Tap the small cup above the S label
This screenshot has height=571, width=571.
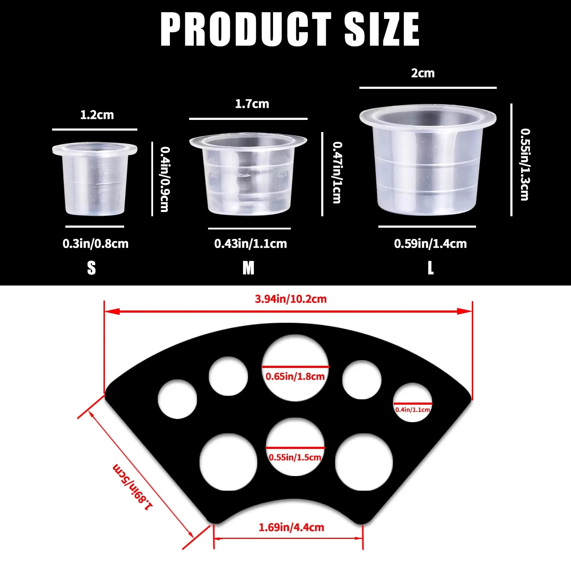click(x=95, y=179)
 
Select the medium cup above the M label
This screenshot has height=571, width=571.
click(x=248, y=175)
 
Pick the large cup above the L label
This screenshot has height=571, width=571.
click(x=428, y=160)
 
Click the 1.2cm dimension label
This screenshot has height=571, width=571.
click(x=97, y=115)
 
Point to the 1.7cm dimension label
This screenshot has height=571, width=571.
click(x=252, y=104)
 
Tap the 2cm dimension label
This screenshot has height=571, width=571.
click(x=423, y=73)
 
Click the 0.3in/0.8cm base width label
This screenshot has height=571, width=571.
click(x=96, y=244)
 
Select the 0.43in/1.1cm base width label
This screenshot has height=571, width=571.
click(x=251, y=244)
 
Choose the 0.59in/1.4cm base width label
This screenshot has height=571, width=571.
click(x=430, y=244)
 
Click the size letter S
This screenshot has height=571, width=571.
click(x=91, y=268)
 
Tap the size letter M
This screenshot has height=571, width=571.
click(x=248, y=268)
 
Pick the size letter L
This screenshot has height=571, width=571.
click(x=431, y=268)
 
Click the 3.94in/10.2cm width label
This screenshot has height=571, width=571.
click(x=291, y=299)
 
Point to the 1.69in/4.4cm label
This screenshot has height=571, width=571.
click(x=292, y=527)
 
